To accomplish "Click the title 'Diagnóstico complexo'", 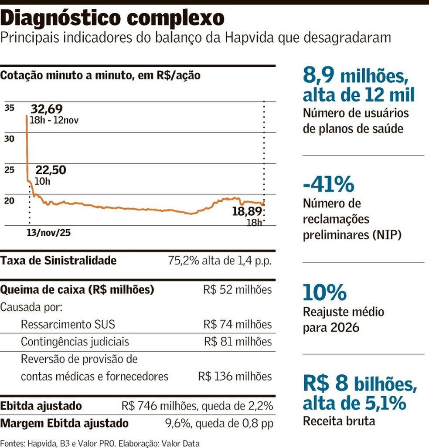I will (113, 18).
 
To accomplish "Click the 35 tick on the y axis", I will (10, 108).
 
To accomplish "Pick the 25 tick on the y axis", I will (10, 170).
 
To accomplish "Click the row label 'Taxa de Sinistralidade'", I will (58, 261).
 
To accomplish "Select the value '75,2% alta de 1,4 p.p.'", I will (220, 261).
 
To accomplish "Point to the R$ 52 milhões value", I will (238, 290).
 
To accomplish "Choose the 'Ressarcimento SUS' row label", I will (68, 325).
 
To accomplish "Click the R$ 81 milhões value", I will (238, 342).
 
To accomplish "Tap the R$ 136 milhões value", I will (235, 376).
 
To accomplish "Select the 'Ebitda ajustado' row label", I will (41, 406).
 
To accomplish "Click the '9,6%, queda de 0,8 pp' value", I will (219, 423).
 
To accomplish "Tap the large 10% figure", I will (324, 292).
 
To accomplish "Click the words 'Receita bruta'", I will (339, 421).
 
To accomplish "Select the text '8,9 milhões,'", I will (355, 76).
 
